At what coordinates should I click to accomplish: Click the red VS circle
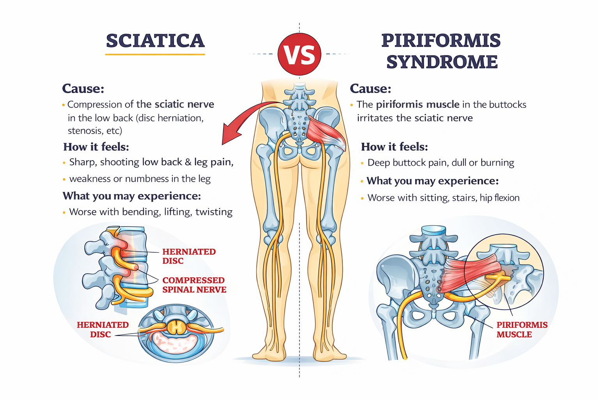(x=299, y=54)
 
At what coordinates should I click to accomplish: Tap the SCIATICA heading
(x=155, y=41)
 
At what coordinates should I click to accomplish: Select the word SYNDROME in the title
(x=442, y=62)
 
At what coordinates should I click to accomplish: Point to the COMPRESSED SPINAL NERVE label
(x=194, y=285)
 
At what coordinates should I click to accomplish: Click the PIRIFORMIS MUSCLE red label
(x=521, y=330)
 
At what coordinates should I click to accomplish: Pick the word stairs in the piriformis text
(x=464, y=198)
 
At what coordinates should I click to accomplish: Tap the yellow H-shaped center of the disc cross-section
(x=177, y=327)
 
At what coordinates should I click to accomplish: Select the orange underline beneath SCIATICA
(x=155, y=54)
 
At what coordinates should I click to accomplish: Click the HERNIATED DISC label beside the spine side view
(x=189, y=256)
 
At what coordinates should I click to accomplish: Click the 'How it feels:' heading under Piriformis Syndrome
(x=394, y=147)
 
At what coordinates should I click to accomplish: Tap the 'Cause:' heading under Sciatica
(x=83, y=89)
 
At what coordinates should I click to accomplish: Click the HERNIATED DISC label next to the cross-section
(x=102, y=330)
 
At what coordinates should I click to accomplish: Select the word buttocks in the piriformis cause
(x=507, y=105)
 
